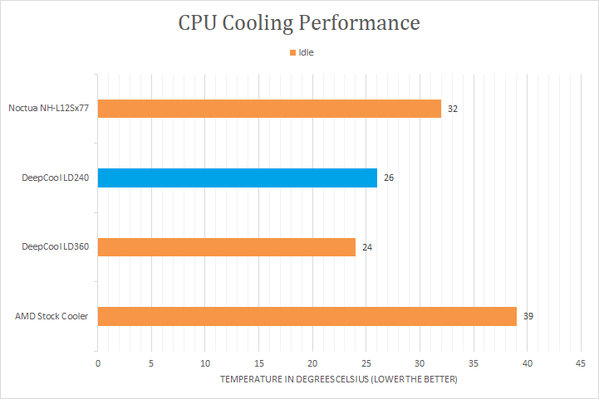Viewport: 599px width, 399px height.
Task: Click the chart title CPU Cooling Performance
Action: (299, 22)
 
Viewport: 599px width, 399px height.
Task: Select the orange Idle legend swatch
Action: (292, 53)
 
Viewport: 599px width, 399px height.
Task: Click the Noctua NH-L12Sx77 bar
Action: (269, 109)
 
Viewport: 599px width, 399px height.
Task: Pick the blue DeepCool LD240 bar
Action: (238, 178)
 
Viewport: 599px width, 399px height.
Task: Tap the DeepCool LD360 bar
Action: (227, 247)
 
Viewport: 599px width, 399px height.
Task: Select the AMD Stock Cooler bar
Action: (307, 316)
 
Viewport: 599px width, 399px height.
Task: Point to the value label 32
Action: (453, 109)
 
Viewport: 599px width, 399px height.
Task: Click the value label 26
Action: (389, 178)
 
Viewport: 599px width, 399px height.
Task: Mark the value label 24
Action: (367, 247)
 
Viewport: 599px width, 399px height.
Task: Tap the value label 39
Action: (528, 316)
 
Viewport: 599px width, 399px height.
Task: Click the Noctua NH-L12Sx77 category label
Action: (49, 109)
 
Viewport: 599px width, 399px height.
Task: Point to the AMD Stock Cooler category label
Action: (52, 316)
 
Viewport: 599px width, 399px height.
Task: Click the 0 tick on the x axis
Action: (98, 363)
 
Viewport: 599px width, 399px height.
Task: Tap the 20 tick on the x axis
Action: (312, 363)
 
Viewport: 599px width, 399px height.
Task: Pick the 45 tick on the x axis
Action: (580, 363)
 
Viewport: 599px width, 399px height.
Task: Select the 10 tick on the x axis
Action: (205, 363)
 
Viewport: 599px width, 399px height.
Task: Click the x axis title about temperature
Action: (338, 379)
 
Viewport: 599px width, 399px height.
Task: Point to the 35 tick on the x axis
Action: (473, 363)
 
